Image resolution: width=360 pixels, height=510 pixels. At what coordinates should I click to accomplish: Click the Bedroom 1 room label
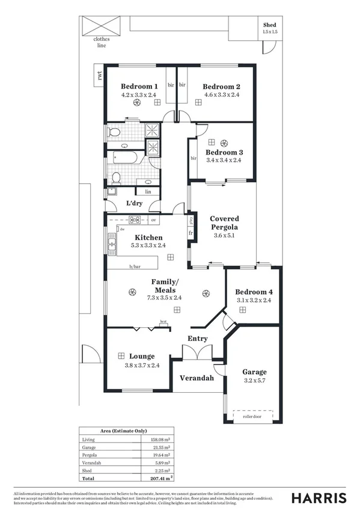(x=139, y=86)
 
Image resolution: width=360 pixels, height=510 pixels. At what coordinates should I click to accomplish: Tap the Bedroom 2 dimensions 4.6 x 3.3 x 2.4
(x=221, y=94)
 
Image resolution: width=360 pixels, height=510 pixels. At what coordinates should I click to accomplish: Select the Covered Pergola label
(x=224, y=223)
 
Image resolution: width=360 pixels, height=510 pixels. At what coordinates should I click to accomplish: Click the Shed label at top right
(x=270, y=24)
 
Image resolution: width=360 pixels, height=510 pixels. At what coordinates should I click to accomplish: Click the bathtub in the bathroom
(x=126, y=158)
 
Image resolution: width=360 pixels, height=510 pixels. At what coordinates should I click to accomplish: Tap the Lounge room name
(x=142, y=357)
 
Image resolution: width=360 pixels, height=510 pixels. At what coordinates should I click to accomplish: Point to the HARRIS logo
(x=319, y=498)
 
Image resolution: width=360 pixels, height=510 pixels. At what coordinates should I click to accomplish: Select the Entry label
(x=197, y=339)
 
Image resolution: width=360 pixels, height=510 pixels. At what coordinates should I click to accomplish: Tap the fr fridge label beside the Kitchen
(x=191, y=233)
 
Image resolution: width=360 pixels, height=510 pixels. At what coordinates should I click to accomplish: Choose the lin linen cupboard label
(x=147, y=192)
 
